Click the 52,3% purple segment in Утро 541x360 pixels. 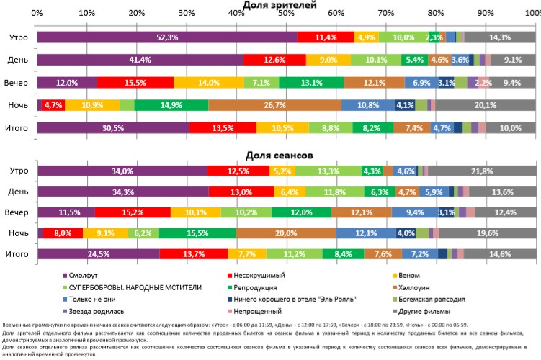point(166,37)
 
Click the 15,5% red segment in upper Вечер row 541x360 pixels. point(135,83)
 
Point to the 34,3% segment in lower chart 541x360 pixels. point(122,192)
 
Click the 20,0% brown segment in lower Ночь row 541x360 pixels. point(286,233)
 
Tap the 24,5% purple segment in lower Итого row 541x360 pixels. point(98,254)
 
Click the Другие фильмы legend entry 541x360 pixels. point(437,307)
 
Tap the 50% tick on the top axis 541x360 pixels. point(286,13)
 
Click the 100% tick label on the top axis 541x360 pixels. point(532,13)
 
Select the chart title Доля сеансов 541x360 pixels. point(285,154)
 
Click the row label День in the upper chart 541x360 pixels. point(18,60)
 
